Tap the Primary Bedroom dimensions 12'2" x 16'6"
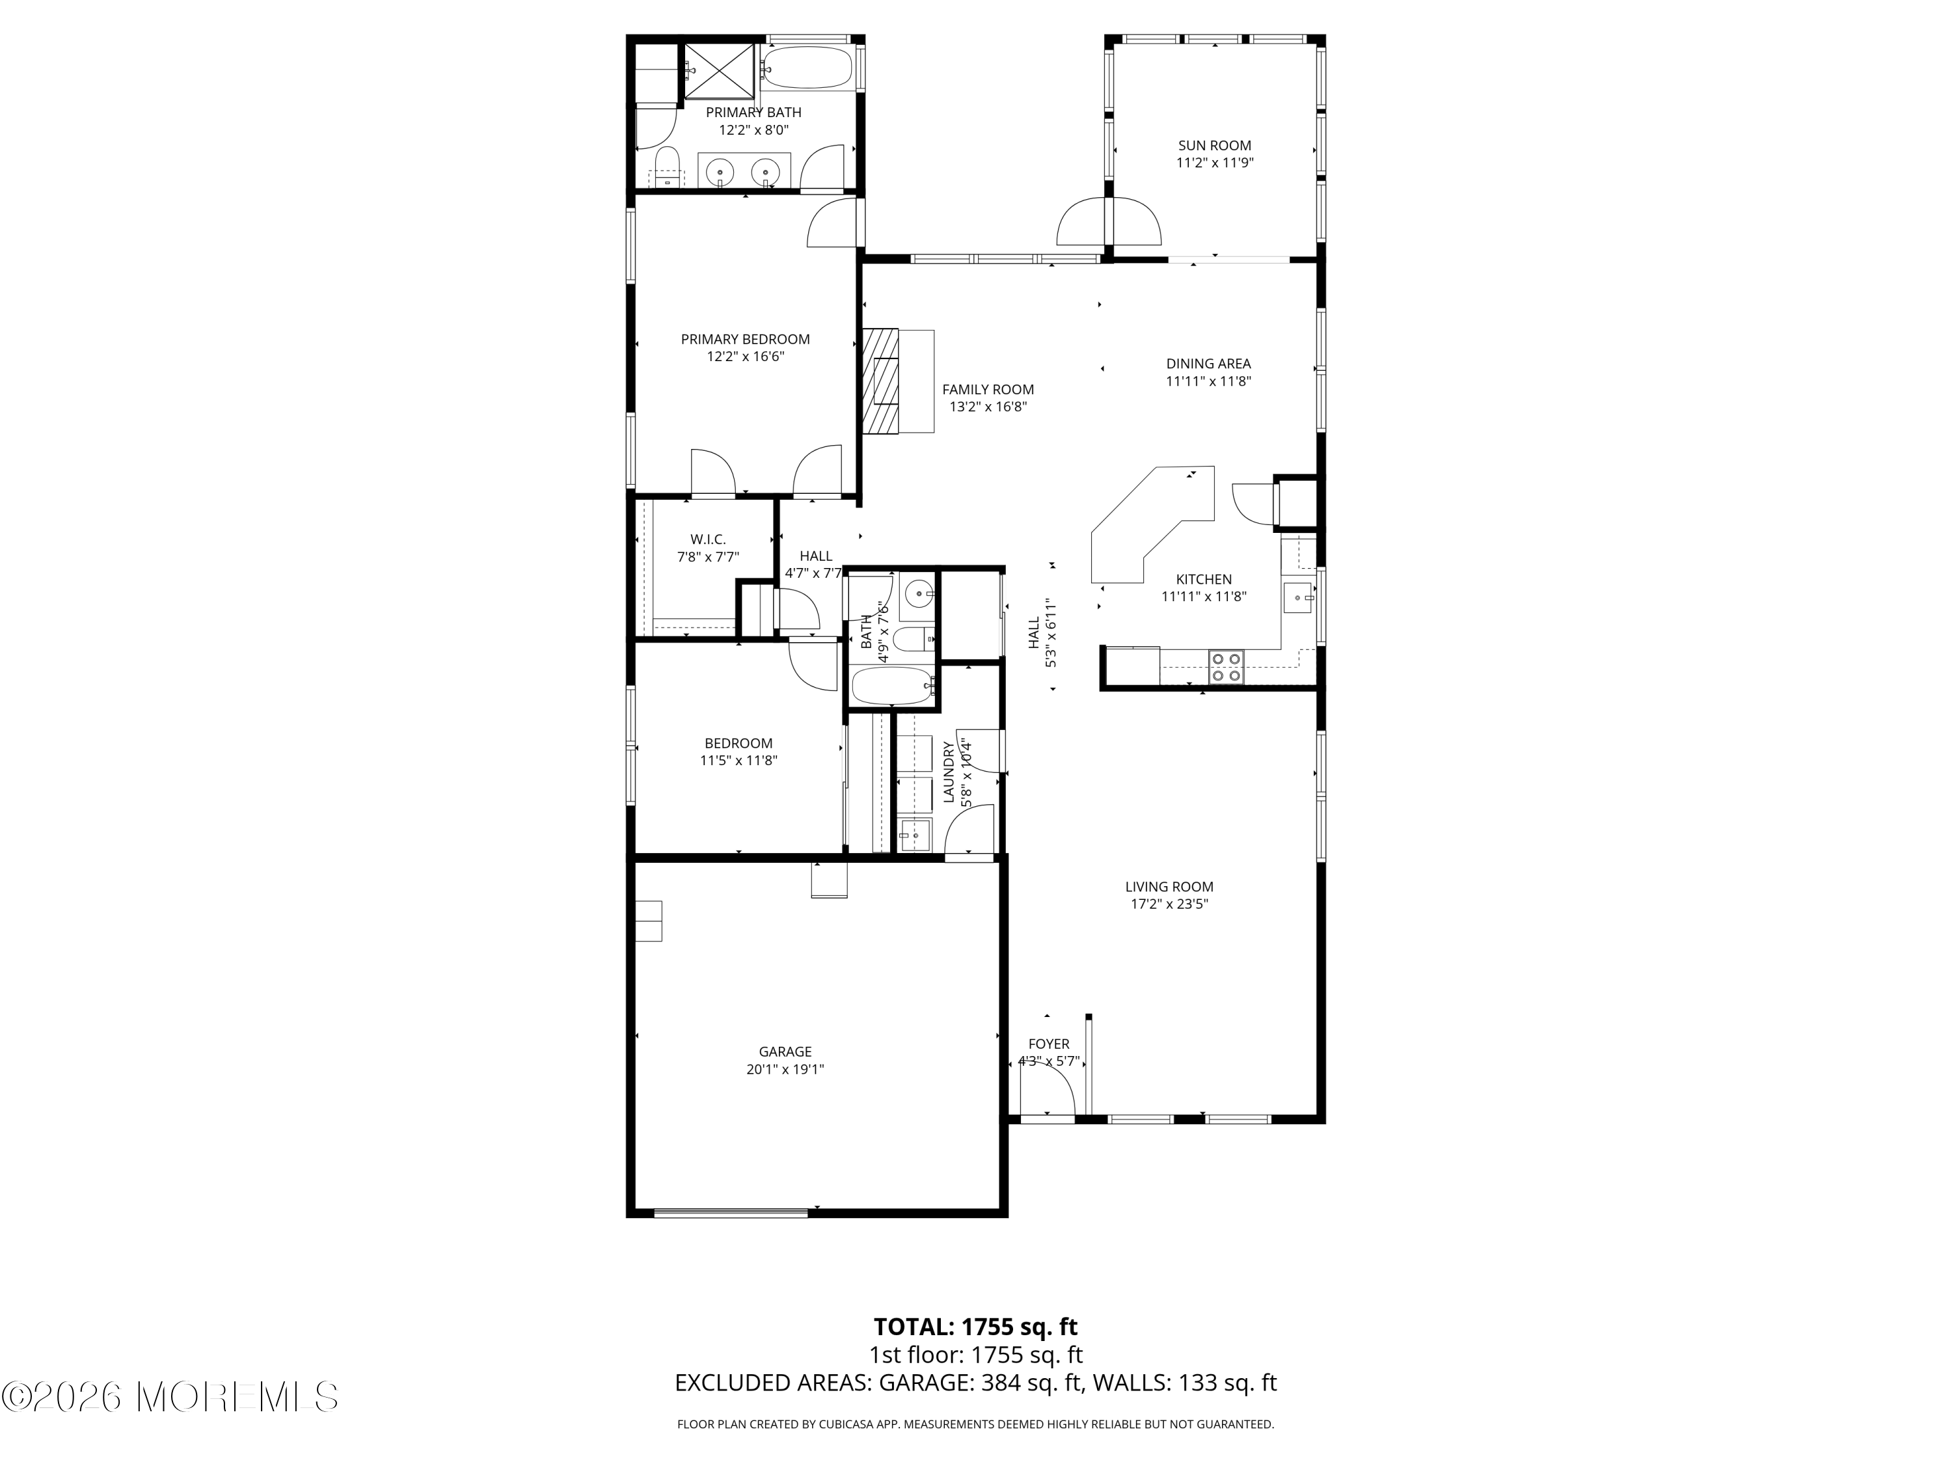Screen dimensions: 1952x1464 pyautogui.click(x=745, y=357)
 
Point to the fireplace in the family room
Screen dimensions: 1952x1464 pyautogui.click(x=881, y=381)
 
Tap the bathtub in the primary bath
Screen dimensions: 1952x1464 pyautogui.click(x=808, y=67)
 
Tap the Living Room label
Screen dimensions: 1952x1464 pyautogui.click(x=1169, y=886)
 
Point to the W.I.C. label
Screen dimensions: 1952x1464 pyautogui.click(x=708, y=539)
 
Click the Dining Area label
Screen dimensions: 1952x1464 pyautogui.click(x=1208, y=364)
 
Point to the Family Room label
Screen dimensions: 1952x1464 pyautogui.click(x=988, y=389)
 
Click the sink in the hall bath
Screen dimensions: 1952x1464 pyautogui.click(x=917, y=594)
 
